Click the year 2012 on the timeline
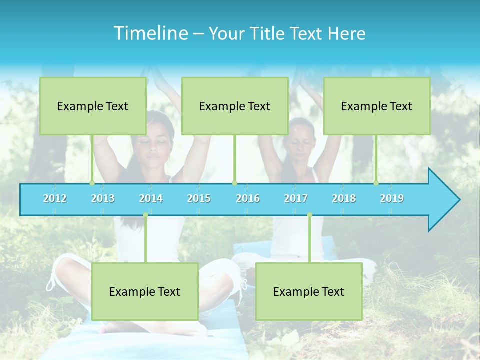pos(55,198)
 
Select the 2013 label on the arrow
pos(103,198)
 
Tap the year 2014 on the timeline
pos(151,198)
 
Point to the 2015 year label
pos(199,198)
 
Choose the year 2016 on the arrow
pos(248,198)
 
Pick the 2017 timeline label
pos(296,198)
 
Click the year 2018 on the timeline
pos(344,198)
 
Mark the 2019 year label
pos(392,198)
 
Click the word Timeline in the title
pos(150,33)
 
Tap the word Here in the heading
pos(346,33)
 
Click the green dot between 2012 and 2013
pos(92,183)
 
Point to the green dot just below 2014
pos(145,215)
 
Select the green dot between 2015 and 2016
pos(234,183)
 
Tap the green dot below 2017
pos(309,215)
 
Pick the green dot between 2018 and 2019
pos(376,183)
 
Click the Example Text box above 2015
pos(234,106)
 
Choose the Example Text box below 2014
pos(145,291)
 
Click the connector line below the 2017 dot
pos(309,240)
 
